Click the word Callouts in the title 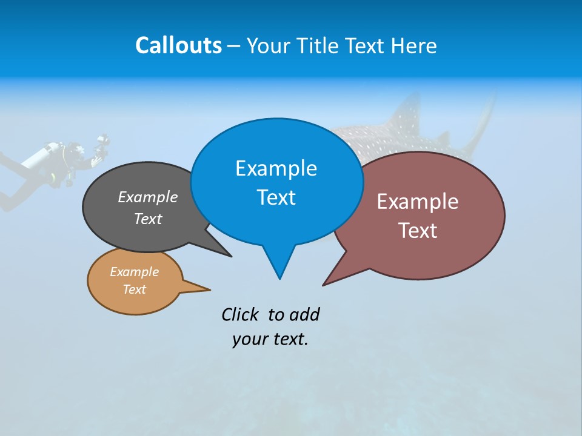pyautogui.click(x=178, y=45)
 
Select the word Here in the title pyautogui.click(x=415, y=46)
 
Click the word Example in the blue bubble pyautogui.click(x=276, y=168)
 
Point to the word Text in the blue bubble pyautogui.click(x=276, y=197)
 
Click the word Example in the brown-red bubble pyautogui.click(x=418, y=202)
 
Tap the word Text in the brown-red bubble pyautogui.click(x=418, y=231)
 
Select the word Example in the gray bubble pyautogui.click(x=148, y=197)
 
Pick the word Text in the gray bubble pyautogui.click(x=148, y=219)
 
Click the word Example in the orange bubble pyautogui.click(x=135, y=272)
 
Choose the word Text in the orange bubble pyautogui.click(x=135, y=289)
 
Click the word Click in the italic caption pyautogui.click(x=239, y=315)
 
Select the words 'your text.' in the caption pyautogui.click(x=270, y=339)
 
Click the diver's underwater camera pyautogui.click(x=102, y=144)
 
